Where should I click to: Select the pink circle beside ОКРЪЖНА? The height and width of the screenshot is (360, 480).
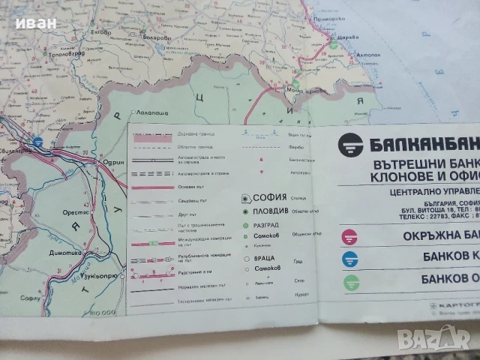tap(349, 237)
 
